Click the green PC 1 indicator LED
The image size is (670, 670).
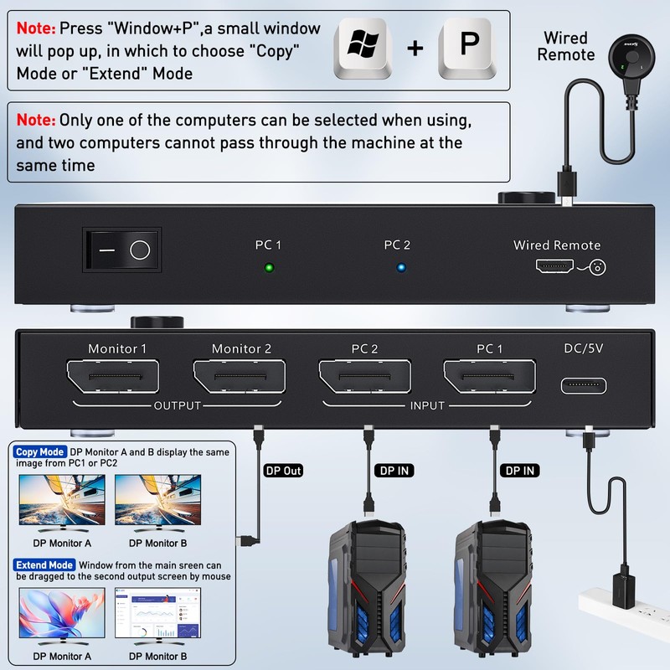tap(268, 269)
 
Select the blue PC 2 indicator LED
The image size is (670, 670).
tap(401, 269)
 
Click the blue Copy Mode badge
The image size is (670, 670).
tap(39, 452)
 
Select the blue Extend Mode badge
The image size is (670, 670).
tap(44, 565)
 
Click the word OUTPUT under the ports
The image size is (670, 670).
tap(177, 406)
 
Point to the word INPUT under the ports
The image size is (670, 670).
tap(426, 406)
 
